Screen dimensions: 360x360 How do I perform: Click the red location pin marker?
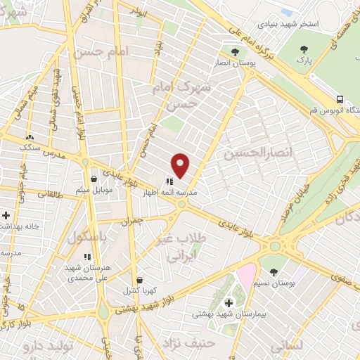click(181, 165)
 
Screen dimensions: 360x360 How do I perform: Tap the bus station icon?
click(340, 99)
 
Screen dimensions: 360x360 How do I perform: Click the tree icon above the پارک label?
click(304, 49)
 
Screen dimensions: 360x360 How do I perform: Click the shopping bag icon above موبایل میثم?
click(94, 179)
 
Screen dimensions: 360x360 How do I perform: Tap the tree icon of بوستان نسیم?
click(274, 271)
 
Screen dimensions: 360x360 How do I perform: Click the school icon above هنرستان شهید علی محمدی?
click(88, 258)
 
